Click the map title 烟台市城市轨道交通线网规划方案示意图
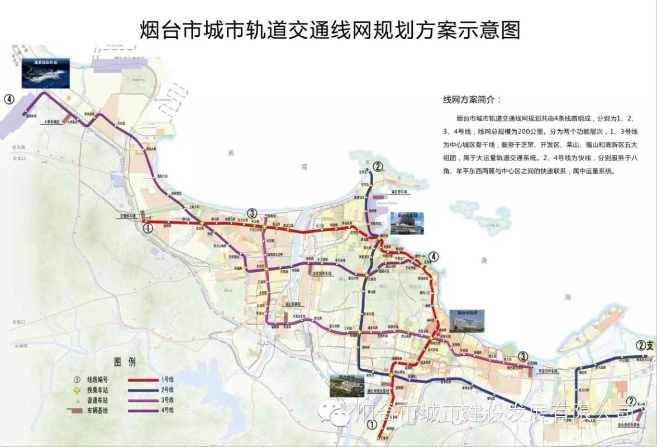point(330,29)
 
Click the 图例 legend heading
point(125,362)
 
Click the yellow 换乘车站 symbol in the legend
point(77,390)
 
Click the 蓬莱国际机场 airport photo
point(46,73)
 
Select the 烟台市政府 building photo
point(466,321)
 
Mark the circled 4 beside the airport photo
point(9,99)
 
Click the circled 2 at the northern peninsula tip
point(378,166)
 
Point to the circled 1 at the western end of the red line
point(147,228)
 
